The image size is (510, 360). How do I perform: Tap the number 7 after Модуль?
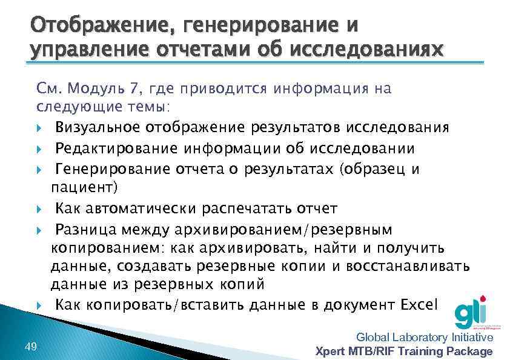[x=133, y=89]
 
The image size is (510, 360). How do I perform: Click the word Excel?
[x=419, y=304]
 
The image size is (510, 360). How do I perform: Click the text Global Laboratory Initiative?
[x=424, y=338]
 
